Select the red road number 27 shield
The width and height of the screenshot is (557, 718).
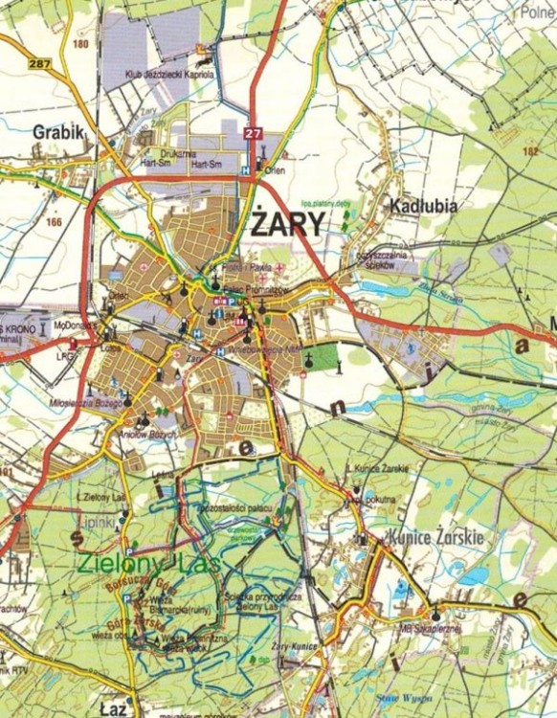(x=252, y=133)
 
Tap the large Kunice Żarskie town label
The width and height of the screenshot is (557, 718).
(x=434, y=537)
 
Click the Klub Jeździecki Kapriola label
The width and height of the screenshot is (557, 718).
(x=172, y=74)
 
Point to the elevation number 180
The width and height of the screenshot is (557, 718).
(x=79, y=44)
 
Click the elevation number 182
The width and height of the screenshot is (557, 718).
(x=531, y=151)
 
